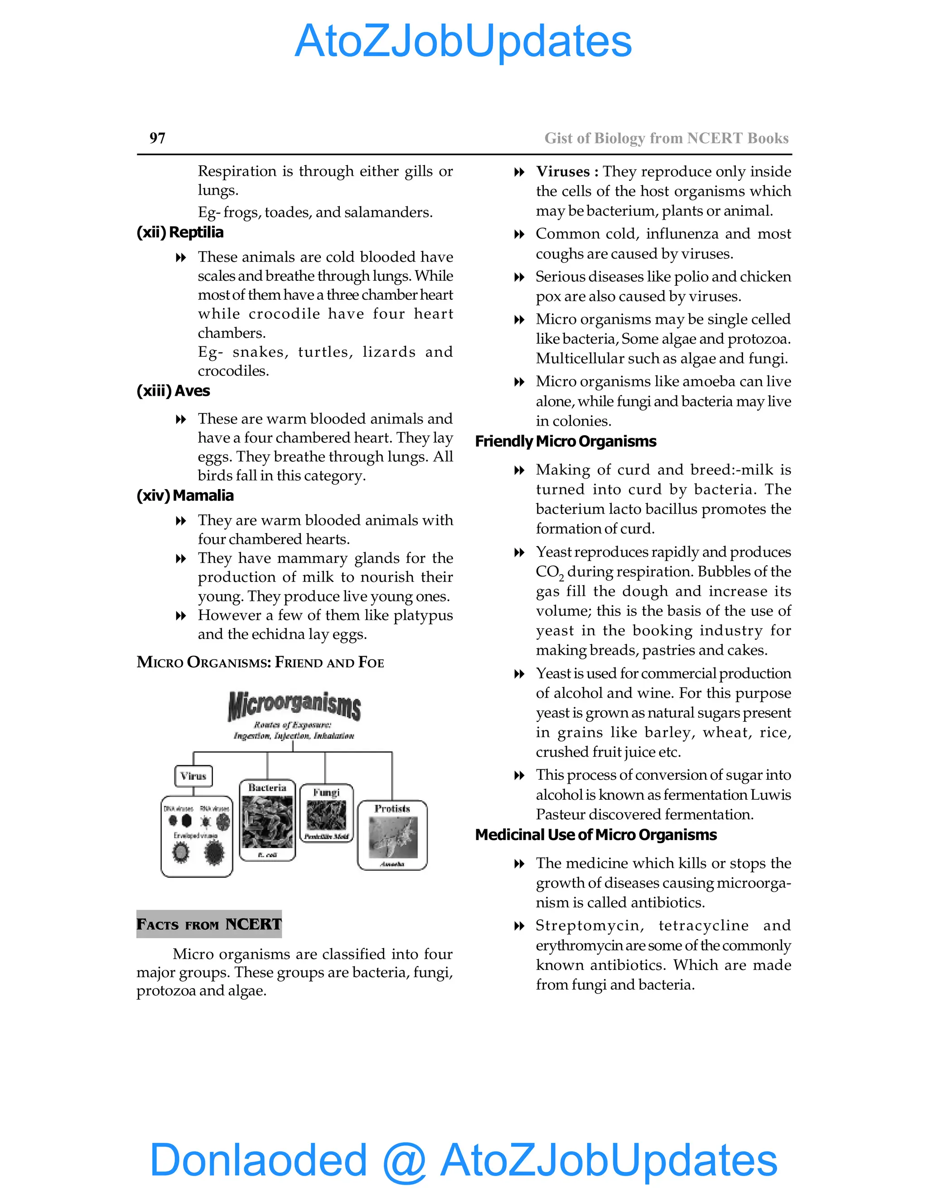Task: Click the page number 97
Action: coord(157,138)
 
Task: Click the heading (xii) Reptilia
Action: coord(180,232)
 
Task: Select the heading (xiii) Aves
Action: coord(173,391)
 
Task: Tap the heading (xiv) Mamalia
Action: coord(185,495)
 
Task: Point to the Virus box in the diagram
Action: coord(193,776)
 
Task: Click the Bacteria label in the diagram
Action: coord(267,787)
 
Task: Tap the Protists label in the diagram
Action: coord(392,808)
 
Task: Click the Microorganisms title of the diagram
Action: coord(294,706)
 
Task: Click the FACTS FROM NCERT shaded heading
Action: coord(209,924)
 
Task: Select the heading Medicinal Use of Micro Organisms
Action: coord(595,835)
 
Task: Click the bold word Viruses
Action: coord(562,172)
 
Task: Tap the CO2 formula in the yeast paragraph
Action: coord(549,572)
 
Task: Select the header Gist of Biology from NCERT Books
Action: coord(666,138)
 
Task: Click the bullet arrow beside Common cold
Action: coord(518,235)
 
